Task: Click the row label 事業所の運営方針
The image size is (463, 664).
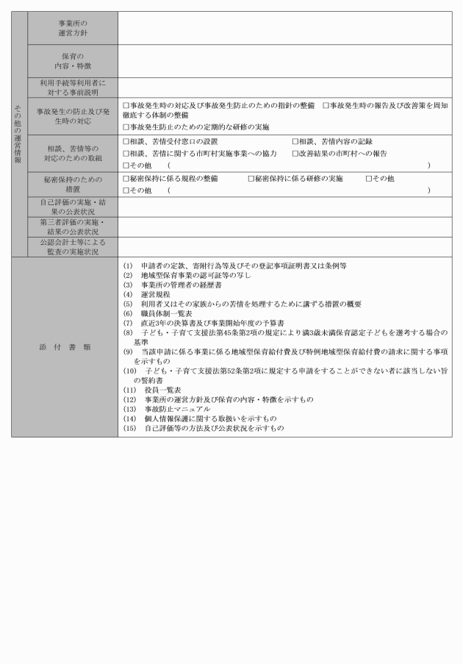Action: coord(71,28)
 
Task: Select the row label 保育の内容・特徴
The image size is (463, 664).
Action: coord(71,60)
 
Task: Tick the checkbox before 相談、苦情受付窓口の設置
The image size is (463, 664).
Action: coord(126,141)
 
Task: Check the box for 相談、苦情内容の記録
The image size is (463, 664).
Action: coord(295,141)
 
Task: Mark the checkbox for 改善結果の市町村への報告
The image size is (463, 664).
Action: coord(295,154)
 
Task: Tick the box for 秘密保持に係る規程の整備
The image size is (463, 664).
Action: coord(126,179)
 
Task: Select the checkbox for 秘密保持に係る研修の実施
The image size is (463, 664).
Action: coord(251,179)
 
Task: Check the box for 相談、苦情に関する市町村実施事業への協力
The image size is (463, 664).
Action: coord(126,154)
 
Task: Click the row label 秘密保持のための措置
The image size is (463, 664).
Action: coord(71,184)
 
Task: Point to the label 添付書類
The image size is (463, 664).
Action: coord(65,346)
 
